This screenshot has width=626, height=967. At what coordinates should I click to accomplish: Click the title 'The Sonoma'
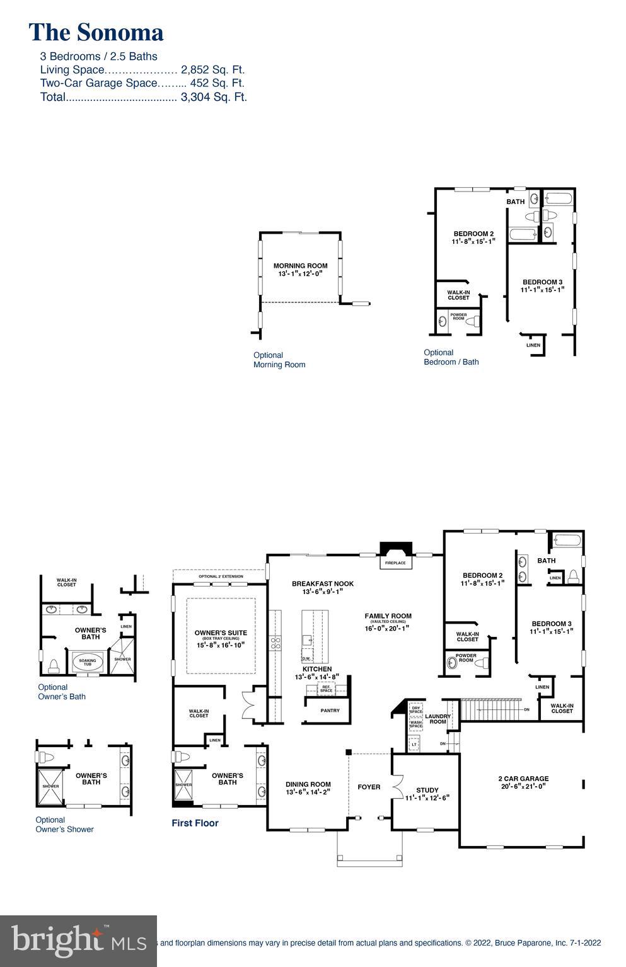(x=96, y=33)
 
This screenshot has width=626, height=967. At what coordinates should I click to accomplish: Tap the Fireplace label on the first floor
(x=395, y=563)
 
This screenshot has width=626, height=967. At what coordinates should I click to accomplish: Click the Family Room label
(x=388, y=616)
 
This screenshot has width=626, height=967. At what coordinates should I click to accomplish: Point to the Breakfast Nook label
(x=323, y=584)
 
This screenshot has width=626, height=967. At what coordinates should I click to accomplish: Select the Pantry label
(x=330, y=711)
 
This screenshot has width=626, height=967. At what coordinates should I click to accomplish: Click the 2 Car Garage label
(x=523, y=779)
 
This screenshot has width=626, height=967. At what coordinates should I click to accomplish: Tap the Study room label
(x=427, y=790)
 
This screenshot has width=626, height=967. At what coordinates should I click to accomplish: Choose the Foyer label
(x=369, y=787)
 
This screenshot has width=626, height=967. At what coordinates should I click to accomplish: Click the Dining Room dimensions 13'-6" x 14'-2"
(x=308, y=792)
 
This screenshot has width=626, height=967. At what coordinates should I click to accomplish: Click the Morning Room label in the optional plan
(x=300, y=266)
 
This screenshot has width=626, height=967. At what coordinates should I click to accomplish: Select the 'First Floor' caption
(x=195, y=823)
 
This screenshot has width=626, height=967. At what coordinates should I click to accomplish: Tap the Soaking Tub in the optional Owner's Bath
(x=88, y=663)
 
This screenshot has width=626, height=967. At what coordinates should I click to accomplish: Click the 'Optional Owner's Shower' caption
(x=64, y=825)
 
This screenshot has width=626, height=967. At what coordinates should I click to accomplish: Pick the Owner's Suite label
(x=221, y=632)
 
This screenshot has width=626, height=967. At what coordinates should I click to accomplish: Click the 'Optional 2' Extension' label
(x=221, y=576)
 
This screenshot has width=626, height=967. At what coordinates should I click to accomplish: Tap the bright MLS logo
(x=78, y=941)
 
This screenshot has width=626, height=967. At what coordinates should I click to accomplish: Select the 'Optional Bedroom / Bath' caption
(x=451, y=357)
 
